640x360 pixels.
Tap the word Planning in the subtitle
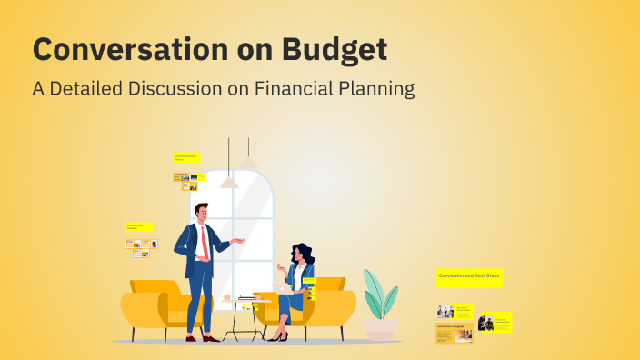coord(376,89)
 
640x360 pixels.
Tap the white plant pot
coord(380,328)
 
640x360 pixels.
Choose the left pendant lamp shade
coord(229,183)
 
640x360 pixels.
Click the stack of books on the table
coord(247,297)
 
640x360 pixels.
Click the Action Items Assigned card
coord(454,334)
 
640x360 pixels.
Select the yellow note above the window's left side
coord(186,157)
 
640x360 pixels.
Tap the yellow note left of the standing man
coord(138,225)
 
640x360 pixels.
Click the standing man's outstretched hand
coord(241,240)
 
